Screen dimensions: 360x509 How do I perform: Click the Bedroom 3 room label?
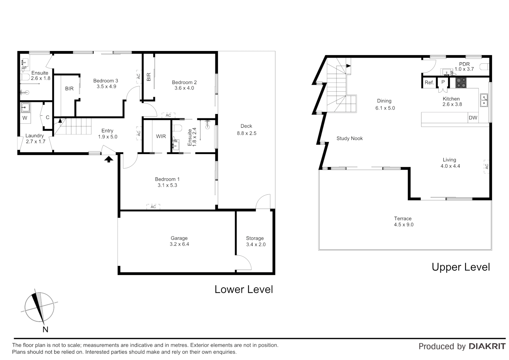pos(105,81)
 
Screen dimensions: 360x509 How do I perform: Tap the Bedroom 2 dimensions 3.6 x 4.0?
pos(184,88)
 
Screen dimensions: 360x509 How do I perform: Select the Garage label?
pos(179,238)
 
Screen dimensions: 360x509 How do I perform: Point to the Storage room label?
pos(255,238)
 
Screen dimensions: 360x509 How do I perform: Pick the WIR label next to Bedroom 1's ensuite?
pos(161,136)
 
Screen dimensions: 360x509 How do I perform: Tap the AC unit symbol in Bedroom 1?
pos(153,207)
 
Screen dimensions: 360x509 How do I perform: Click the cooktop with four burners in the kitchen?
pos(461,83)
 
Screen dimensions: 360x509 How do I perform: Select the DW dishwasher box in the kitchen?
pos(473,118)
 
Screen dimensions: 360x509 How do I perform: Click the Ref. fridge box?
pos(429,82)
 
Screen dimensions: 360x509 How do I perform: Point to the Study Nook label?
pos(349,138)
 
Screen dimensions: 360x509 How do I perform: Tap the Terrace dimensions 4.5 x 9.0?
pos(403,225)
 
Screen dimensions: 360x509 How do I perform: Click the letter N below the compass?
pos(45,329)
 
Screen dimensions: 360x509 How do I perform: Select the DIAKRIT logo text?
pos(487,346)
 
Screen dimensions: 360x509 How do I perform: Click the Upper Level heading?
pos(461,267)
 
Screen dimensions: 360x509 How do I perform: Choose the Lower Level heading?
pos(244,289)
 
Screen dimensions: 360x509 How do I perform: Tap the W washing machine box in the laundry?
pos(25,118)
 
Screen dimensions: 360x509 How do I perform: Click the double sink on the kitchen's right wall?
pos(484,100)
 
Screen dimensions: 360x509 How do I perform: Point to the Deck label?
pos(246,126)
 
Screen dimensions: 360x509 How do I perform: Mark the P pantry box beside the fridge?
pos(443,82)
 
